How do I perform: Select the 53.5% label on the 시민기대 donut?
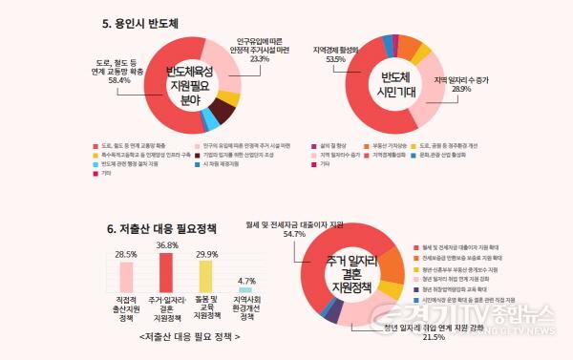tap(334, 59)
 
